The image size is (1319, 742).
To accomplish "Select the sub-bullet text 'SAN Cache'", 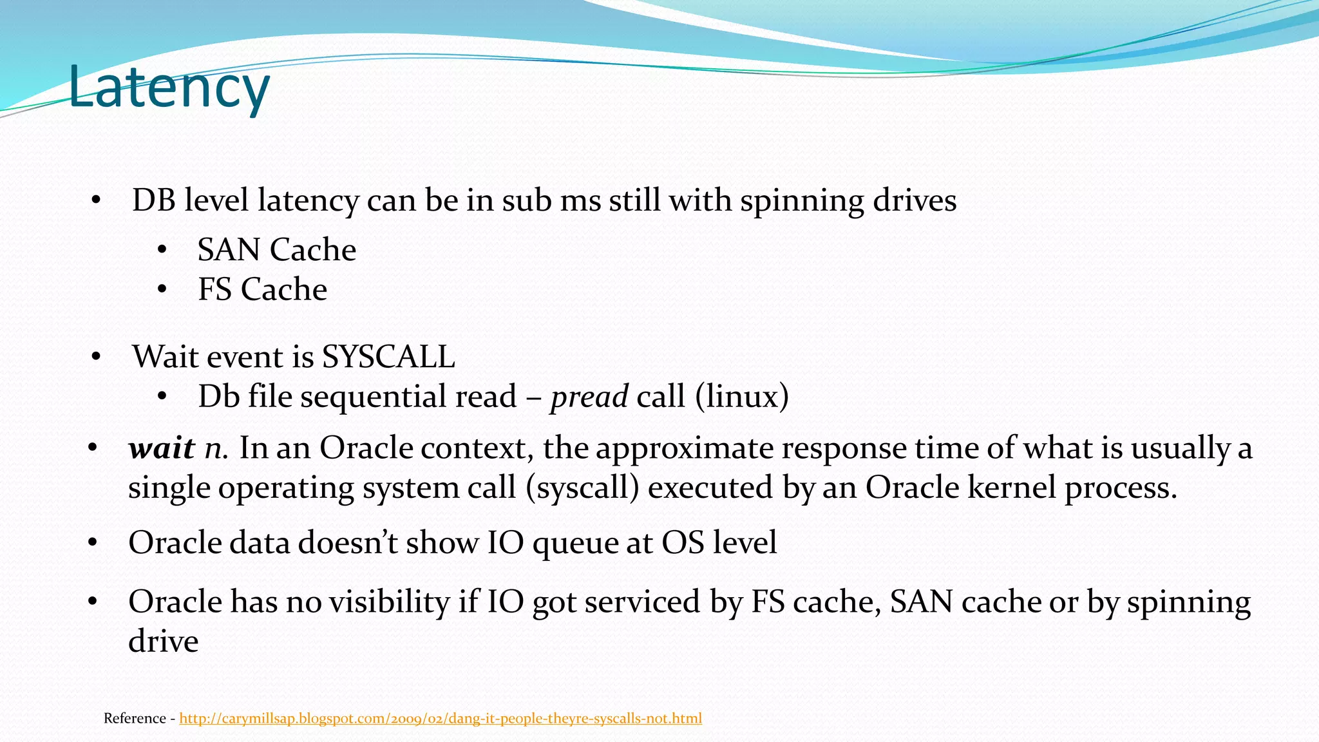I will (x=276, y=250).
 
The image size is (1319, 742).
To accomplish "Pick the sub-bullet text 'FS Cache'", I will (x=262, y=290).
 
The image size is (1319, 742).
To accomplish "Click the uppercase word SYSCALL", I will (x=388, y=357).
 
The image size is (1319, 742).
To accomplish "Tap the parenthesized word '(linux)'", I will (x=741, y=397).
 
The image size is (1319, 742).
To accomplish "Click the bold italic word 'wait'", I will (x=162, y=448).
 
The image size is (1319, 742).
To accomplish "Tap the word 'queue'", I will (x=574, y=544).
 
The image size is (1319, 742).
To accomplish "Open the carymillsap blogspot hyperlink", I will (x=441, y=718).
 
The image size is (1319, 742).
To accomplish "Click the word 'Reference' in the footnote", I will (x=135, y=718).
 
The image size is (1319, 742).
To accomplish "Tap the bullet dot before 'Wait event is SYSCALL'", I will (x=96, y=357).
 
